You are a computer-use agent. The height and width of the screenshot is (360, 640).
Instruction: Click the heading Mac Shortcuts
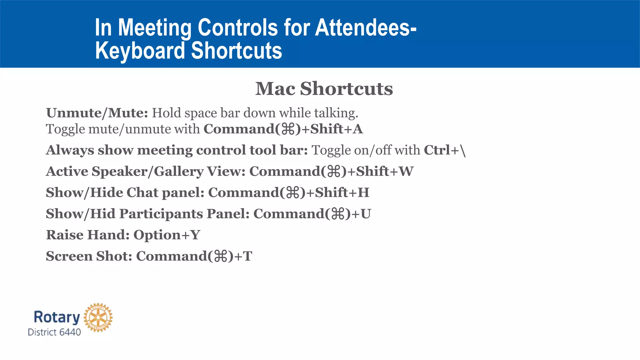[324, 89]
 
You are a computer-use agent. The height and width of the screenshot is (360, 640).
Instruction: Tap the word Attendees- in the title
[365, 27]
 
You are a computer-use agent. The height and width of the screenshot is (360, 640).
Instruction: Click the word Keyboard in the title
[140, 51]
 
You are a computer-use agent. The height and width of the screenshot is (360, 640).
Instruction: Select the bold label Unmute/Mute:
[97, 113]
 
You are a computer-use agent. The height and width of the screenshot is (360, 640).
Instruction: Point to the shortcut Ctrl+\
[445, 150]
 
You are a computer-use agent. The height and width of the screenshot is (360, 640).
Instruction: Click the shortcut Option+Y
[167, 235]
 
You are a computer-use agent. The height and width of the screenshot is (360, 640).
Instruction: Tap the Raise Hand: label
[87, 235]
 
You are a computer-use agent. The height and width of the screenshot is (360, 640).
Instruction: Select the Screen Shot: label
[89, 256]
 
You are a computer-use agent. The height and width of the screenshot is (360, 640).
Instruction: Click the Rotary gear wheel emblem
[98, 317]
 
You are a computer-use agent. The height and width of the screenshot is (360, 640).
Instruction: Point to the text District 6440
[54, 332]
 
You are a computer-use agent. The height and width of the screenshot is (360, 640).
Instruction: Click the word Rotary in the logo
[57, 317]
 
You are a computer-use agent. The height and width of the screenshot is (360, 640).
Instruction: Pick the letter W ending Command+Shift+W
[406, 172]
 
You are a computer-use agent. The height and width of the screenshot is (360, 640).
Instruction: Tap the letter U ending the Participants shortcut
[366, 214]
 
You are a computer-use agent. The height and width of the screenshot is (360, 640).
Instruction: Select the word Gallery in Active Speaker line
[179, 172]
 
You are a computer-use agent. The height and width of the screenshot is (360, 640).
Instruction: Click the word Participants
[161, 214]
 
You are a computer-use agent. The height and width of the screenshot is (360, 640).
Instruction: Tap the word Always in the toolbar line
[70, 150]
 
